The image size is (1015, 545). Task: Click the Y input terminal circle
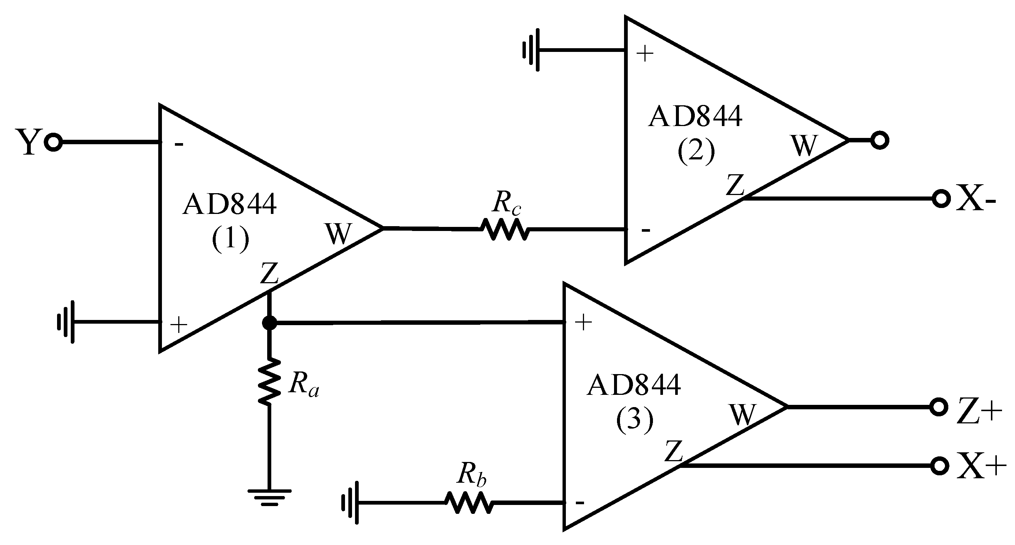(x=54, y=142)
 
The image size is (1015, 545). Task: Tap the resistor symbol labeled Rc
(x=505, y=229)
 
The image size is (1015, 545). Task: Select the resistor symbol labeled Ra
(x=269, y=381)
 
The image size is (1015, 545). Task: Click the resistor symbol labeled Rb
(x=468, y=503)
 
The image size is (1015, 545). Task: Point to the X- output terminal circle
(x=941, y=199)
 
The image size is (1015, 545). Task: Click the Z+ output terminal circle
(x=939, y=407)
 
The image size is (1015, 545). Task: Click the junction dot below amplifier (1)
(x=269, y=323)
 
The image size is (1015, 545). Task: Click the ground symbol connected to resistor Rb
(x=351, y=503)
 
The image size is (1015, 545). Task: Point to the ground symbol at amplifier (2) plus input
(x=531, y=50)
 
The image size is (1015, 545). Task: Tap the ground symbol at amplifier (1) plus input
(x=66, y=322)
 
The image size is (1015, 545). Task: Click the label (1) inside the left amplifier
(x=230, y=239)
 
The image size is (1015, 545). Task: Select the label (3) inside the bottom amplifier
(x=634, y=420)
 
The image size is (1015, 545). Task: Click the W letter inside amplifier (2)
(x=804, y=146)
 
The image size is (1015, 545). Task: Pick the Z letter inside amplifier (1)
(x=269, y=273)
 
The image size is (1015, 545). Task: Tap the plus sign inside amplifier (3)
(x=584, y=323)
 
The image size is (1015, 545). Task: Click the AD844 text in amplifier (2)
(x=695, y=117)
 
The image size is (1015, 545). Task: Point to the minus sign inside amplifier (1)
(x=179, y=145)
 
